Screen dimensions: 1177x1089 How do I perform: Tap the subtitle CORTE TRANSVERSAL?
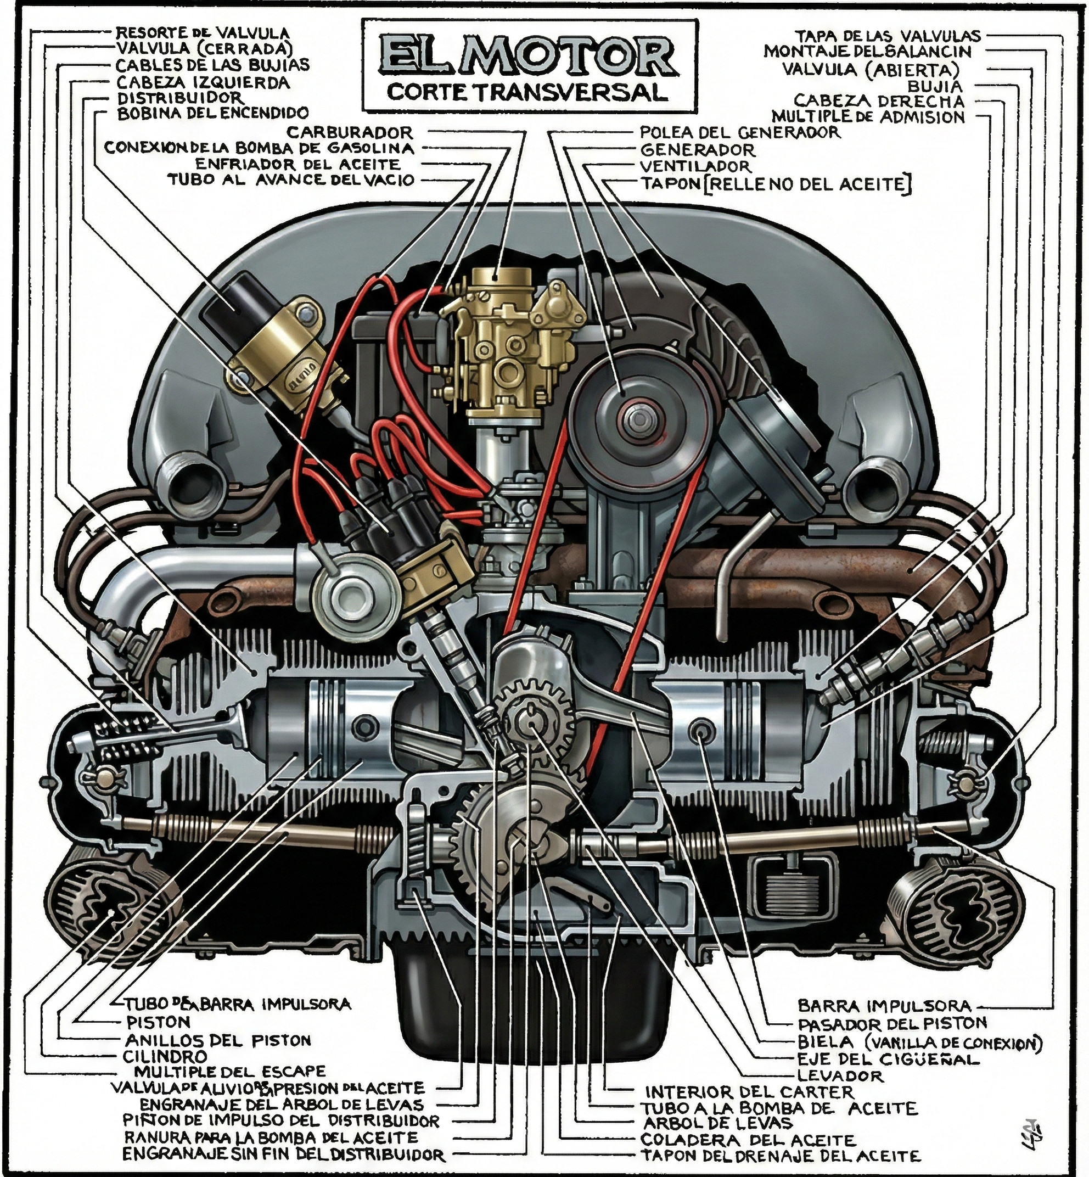click(527, 93)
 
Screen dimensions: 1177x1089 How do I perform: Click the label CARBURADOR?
click(350, 132)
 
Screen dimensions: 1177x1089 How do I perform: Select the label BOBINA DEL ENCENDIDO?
click(213, 113)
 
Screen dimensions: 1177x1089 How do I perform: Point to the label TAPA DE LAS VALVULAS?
click(888, 35)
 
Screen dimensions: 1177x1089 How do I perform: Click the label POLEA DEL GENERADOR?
click(739, 132)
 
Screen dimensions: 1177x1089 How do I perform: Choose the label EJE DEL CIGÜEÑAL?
click(888, 1059)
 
